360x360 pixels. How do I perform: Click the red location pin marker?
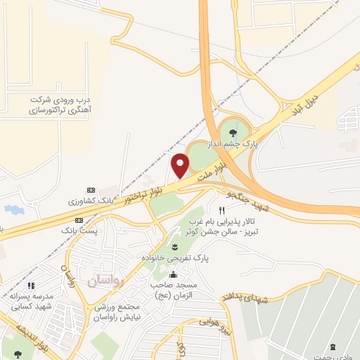tap(181, 165)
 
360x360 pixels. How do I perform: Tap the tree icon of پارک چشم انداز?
tap(230, 129)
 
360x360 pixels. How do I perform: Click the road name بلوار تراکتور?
tap(147, 191)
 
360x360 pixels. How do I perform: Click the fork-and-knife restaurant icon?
tap(221, 210)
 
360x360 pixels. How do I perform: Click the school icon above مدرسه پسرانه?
tap(30, 286)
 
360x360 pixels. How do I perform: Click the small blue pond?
tap(12, 210)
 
